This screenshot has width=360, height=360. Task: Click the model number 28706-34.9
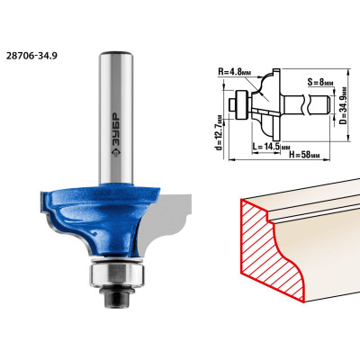pyautogui.click(x=31, y=56)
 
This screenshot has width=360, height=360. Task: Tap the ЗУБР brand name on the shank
pyautogui.click(x=116, y=130)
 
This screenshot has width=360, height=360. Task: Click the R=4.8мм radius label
pyautogui.click(x=235, y=72)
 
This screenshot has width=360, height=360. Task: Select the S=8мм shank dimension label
pyautogui.click(x=320, y=82)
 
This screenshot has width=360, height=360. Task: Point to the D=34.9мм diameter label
pyautogui.click(x=344, y=105)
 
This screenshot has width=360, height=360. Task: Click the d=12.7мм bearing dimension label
pyautogui.click(x=220, y=132)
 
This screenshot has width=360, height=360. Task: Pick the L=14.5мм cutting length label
pyautogui.click(x=271, y=147)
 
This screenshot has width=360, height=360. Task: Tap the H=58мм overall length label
pyautogui.click(x=304, y=155)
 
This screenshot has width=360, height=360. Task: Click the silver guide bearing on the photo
pyautogui.click(x=117, y=274)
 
